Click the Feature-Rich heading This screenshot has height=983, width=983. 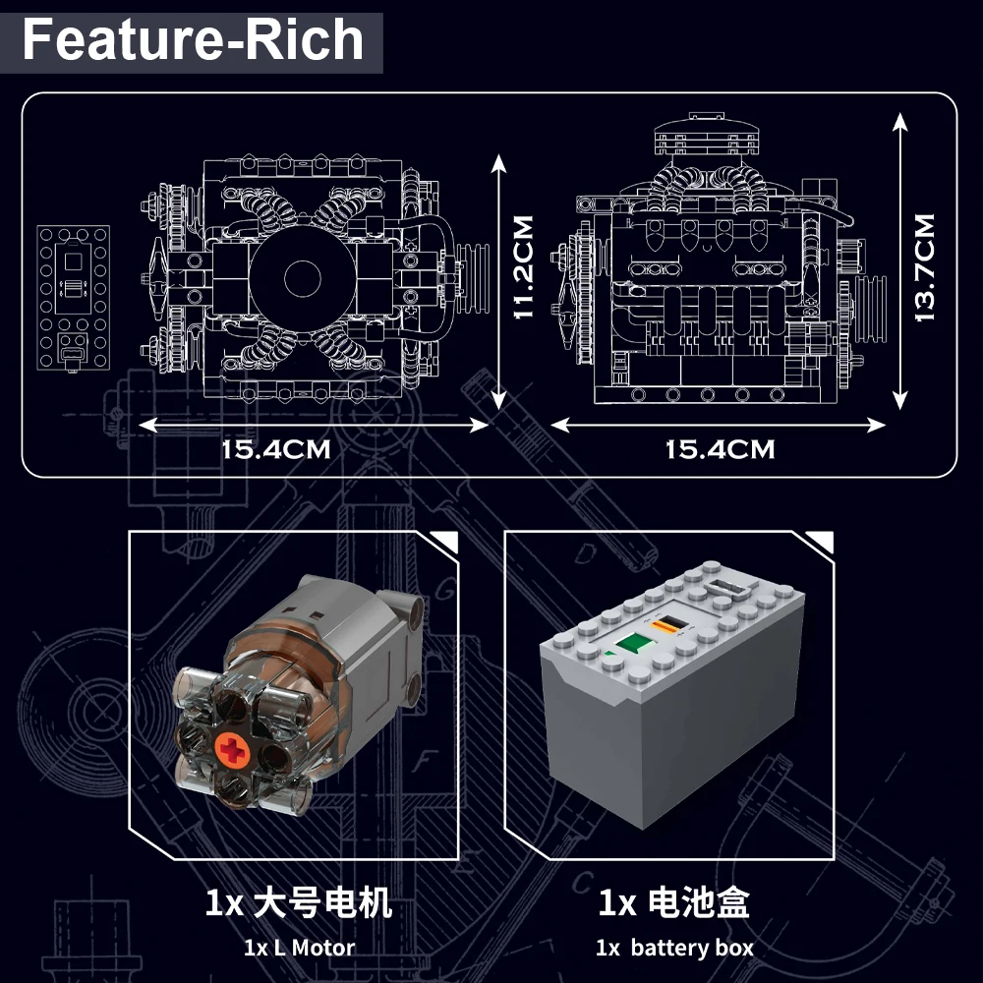tap(193, 41)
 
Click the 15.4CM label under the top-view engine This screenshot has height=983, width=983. tap(275, 450)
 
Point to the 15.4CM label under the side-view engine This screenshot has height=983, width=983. tap(720, 450)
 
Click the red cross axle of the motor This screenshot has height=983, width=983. tap(237, 752)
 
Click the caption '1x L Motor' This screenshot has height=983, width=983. tap(299, 949)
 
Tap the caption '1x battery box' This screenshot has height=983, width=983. tap(674, 949)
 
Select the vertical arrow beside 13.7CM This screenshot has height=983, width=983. tap(898, 260)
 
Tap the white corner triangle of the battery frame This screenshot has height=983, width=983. tap(826, 542)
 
